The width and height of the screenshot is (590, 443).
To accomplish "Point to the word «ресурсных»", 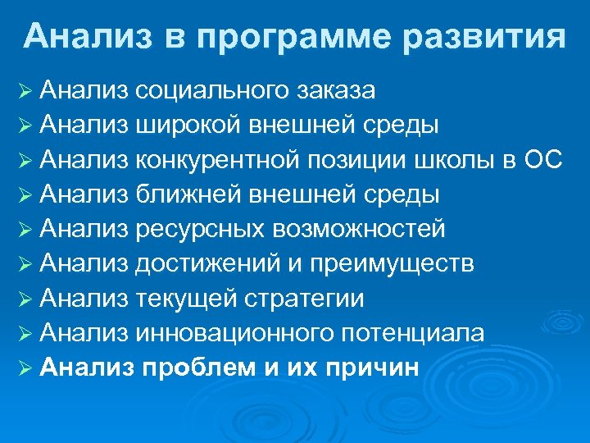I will pos(191,230).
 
